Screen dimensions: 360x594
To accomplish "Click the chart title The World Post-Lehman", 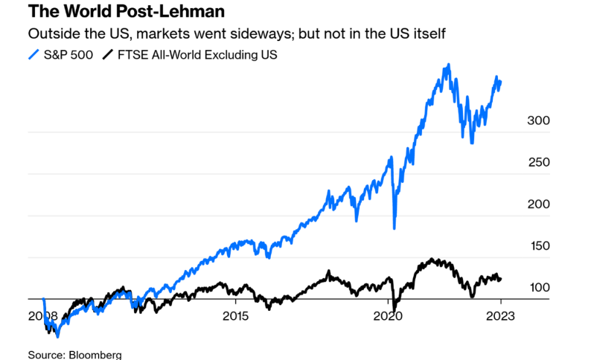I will [126, 13].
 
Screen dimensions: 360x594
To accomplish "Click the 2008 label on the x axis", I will [44, 316].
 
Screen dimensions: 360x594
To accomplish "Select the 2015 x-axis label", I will [235, 316].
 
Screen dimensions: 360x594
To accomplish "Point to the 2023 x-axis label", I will [500, 316].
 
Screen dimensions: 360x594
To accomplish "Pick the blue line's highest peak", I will [448, 65].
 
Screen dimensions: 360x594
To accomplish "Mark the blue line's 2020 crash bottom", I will [394, 228].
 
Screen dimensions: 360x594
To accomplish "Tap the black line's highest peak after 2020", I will [430, 260].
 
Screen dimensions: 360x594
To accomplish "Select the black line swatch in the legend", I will [109, 54].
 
